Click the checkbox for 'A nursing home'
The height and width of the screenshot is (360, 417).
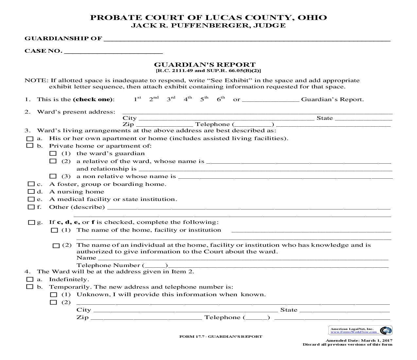click(x=31, y=192)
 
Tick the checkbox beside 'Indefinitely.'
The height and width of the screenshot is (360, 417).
click(x=30, y=279)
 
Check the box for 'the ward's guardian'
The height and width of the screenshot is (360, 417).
click(x=53, y=153)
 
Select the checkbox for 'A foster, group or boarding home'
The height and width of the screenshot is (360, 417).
click(x=31, y=184)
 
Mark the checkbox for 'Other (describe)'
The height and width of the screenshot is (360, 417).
click(x=31, y=207)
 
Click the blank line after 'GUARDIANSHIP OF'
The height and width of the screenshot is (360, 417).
click(x=247, y=39)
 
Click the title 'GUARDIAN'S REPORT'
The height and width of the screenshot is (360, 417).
click(x=205, y=64)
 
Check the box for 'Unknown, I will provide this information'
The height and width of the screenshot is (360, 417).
click(x=53, y=295)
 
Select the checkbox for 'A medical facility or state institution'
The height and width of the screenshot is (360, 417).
click(x=31, y=199)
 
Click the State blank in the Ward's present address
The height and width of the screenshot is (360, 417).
click(x=363, y=118)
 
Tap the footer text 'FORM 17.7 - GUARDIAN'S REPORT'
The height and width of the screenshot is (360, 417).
click(x=221, y=336)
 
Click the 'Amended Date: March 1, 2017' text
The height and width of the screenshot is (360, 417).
click(x=359, y=340)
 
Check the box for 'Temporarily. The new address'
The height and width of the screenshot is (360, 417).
click(x=30, y=287)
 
